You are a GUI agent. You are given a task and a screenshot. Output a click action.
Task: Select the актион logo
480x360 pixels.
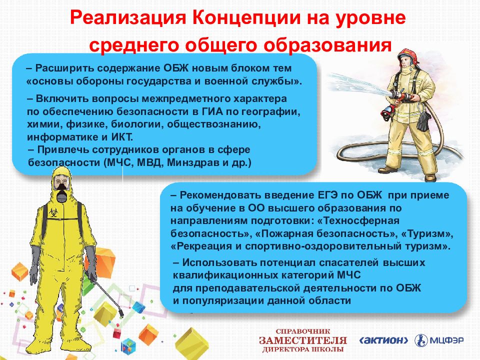pos(383,340)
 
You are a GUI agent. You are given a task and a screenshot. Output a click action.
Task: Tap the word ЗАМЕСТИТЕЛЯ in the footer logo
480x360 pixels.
pos(303,340)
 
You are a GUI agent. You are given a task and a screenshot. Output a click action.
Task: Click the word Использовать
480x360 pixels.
pos(219,262)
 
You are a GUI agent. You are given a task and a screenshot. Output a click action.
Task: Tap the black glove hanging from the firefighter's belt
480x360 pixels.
pos(424,120)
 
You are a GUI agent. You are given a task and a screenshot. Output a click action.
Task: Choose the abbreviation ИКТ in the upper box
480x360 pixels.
pos(122,137)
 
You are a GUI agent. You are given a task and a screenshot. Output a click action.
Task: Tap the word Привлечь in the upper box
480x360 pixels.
pos(63,149)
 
